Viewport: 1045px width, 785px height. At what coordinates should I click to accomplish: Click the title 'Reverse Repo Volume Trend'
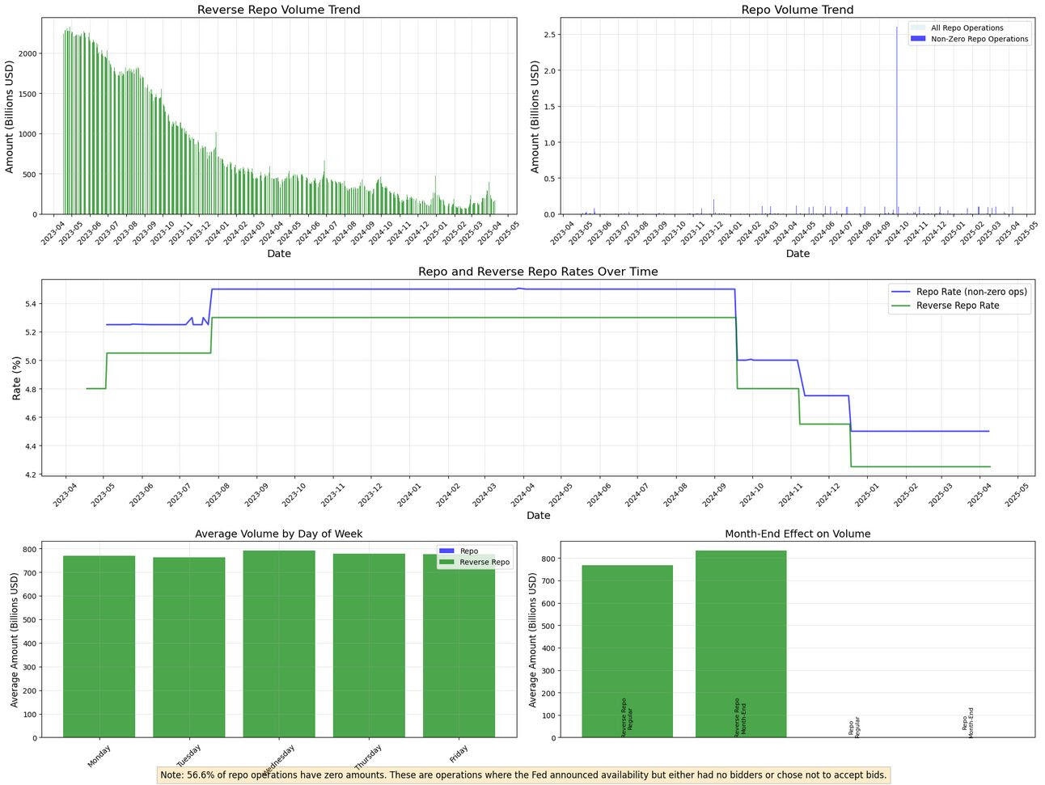279,10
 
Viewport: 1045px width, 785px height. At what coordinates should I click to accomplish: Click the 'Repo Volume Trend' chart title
797,10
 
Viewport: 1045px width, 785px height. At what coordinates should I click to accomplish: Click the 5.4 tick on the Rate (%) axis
28,304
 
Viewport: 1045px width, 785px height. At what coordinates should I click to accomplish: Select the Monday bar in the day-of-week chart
99,647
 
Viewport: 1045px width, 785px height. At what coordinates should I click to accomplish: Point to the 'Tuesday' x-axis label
189,755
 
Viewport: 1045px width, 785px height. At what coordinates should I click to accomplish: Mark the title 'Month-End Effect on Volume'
797,534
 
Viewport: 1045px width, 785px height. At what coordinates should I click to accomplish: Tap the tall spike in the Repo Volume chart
896,121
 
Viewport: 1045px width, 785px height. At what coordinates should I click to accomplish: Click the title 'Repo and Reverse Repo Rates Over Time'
538,272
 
